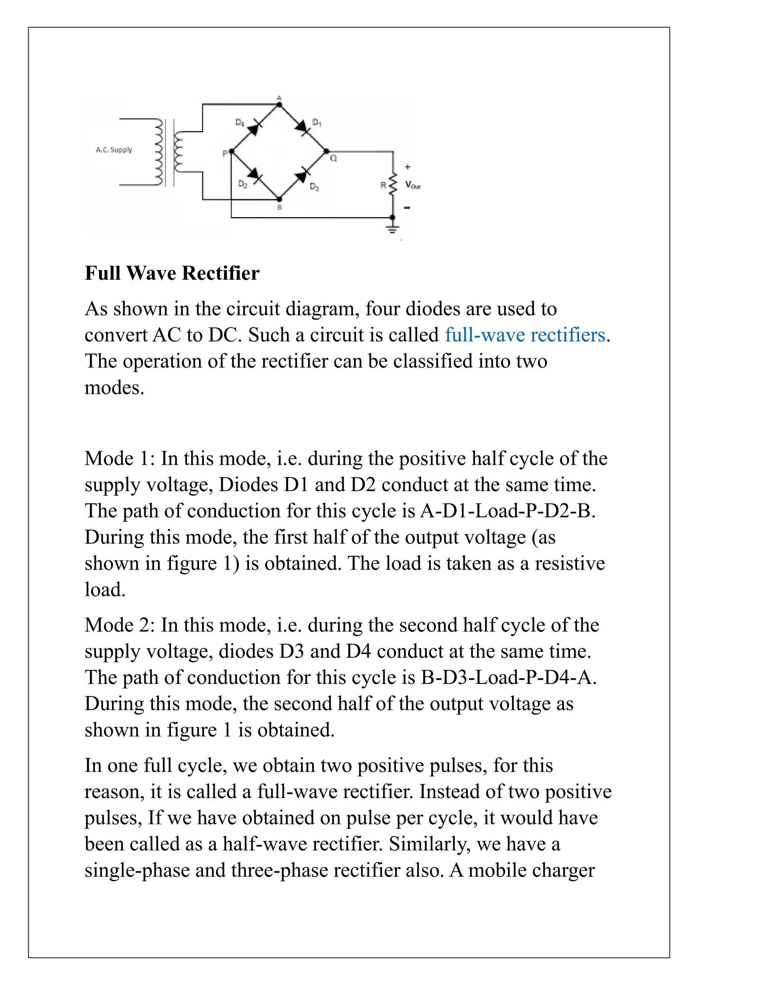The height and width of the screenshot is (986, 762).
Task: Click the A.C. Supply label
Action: point(114,150)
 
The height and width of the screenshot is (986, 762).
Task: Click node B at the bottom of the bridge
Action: point(279,199)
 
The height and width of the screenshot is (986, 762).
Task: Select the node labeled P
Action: point(231,152)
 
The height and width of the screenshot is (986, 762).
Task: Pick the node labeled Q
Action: point(327,152)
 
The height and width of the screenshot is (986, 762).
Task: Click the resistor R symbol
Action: point(393,184)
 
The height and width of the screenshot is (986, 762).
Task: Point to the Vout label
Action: point(413,185)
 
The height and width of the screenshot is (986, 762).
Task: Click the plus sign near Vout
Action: point(408,167)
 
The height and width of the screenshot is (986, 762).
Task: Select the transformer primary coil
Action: point(158,152)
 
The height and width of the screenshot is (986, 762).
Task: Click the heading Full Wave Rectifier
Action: point(172,273)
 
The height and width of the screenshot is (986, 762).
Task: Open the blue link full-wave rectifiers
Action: point(525,335)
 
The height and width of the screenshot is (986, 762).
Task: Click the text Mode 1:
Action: point(120,458)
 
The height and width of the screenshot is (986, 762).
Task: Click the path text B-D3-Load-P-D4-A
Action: point(508,677)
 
